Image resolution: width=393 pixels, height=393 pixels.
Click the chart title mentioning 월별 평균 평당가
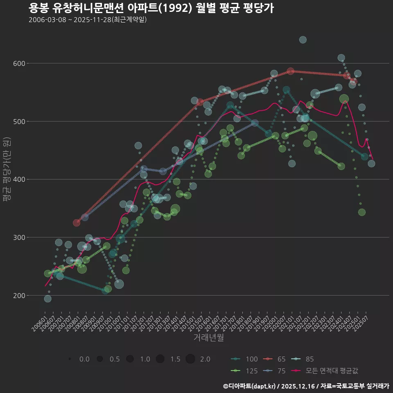(x=151, y=8)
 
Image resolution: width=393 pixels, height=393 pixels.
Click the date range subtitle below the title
(x=88, y=20)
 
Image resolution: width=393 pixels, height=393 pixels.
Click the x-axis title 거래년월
(x=208, y=338)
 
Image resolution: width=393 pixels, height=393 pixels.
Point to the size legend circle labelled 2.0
(x=190, y=359)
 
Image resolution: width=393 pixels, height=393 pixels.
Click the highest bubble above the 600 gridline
(x=303, y=40)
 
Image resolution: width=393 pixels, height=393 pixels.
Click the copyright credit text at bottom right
(x=306, y=386)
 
